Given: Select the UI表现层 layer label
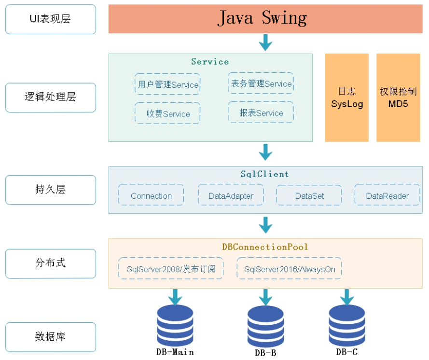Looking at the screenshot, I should pos(51,19).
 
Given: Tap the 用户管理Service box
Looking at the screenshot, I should pos(167,84).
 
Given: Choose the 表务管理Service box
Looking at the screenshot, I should pos(261,83).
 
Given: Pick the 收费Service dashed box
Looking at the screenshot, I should pos(167,113).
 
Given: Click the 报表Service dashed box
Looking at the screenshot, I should pos(261,112).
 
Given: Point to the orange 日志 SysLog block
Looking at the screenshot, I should pos(346,97).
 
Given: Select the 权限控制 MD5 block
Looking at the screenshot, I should pos(398,97).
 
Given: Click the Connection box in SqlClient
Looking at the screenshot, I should pos(151,195).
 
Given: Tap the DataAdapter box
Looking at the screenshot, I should pos(231,195).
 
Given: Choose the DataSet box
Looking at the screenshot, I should pos(309,195).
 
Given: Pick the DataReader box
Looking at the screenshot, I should pos(387,195).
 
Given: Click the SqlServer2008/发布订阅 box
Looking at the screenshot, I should pos(171,268).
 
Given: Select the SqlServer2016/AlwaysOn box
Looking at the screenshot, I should pos(289,268).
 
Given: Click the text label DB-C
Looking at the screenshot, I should pos(346,352).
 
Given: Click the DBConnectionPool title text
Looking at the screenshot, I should pos(265,247).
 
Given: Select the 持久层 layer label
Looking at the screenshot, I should pos(51,190).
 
